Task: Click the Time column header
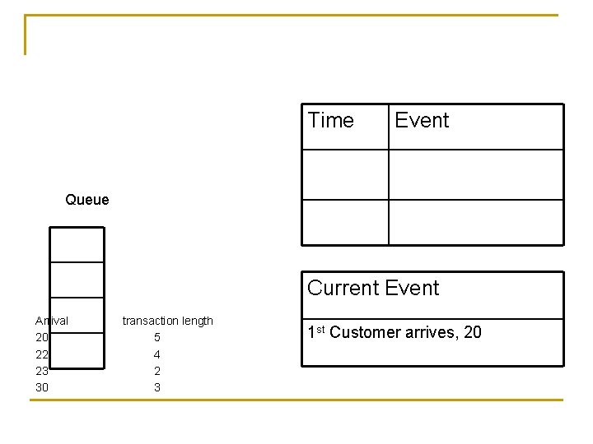click(330, 121)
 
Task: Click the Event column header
click(422, 121)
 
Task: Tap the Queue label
click(86, 200)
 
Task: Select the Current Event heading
click(373, 289)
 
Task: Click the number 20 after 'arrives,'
click(473, 333)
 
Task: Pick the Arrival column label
click(52, 321)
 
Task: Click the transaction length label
click(168, 321)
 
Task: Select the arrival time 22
click(42, 354)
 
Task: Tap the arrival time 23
click(42, 371)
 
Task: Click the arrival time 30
click(42, 387)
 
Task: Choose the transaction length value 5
click(157, 338)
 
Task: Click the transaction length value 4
click(157, 354)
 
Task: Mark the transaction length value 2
click(157, 371)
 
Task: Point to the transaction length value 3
click(157, 387)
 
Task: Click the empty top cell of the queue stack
click(77, 244)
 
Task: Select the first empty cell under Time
click(345, 174)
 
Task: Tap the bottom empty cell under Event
click(476, 222)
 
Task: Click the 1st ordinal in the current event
click(316, 332)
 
